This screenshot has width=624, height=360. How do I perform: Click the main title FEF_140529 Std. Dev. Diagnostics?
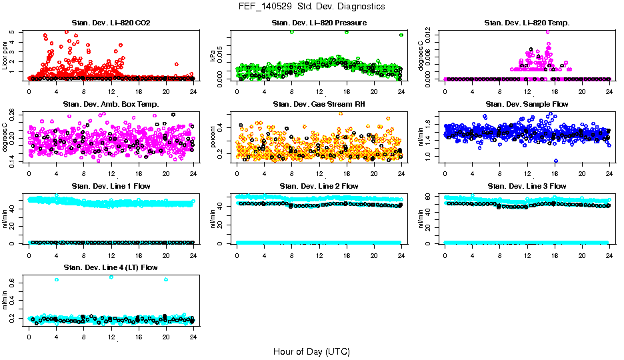click(311, 7)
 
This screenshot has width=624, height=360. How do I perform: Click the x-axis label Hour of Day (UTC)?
click(311, 351)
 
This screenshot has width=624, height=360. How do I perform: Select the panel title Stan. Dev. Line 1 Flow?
click(111, 186)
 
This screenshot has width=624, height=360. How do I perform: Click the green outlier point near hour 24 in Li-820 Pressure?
click(401, 35)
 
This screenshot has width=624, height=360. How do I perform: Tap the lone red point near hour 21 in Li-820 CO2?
click(176, 64)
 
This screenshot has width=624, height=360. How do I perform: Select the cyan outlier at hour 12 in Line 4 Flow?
click(111, 277)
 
